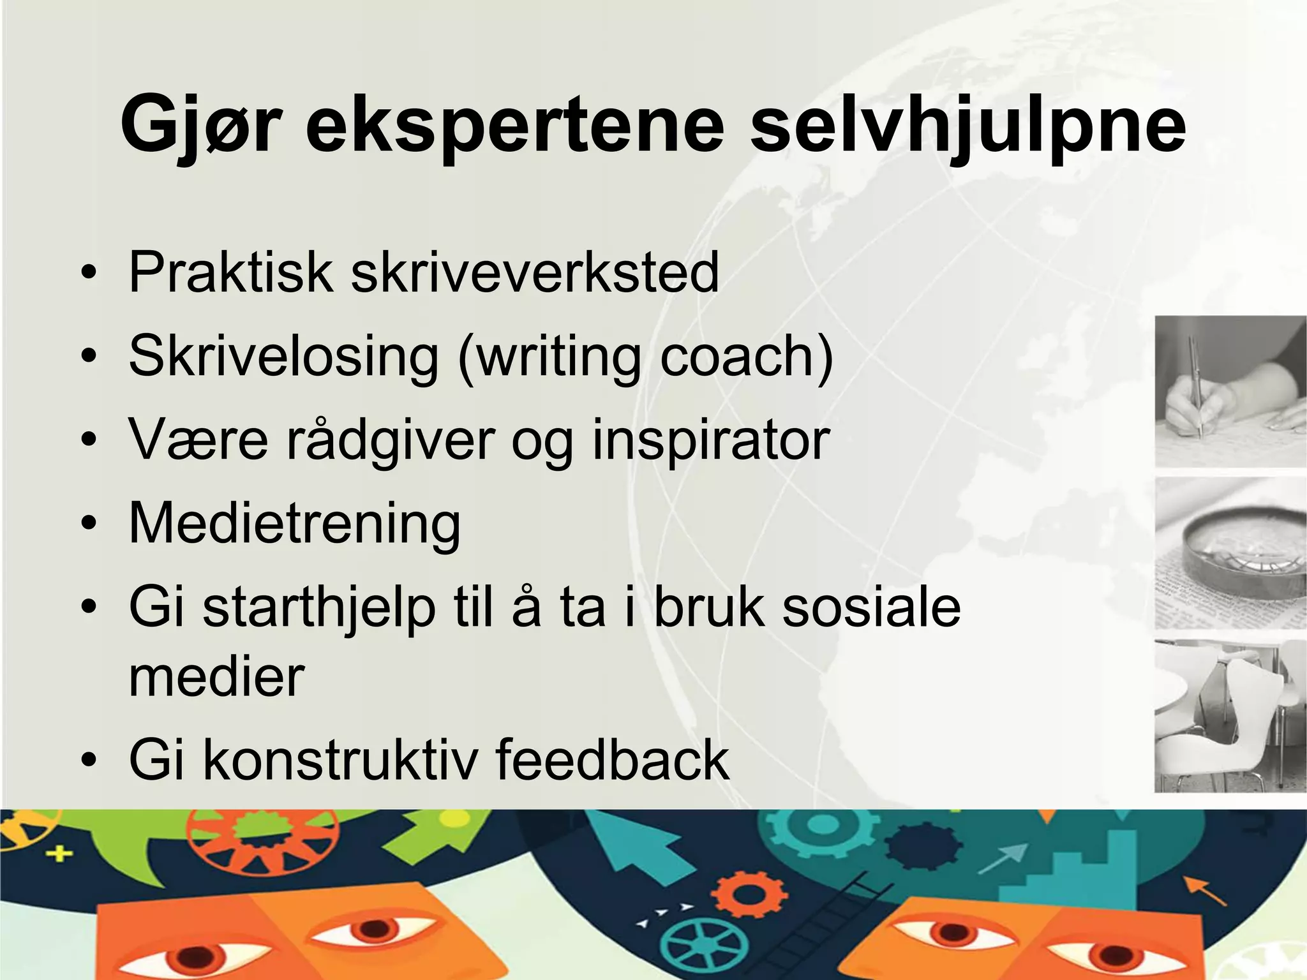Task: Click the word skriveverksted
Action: [535, 272]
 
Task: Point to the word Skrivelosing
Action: [284, 357]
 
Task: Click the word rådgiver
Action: [391, 440]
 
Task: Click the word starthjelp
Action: [319, 607]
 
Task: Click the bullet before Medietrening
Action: [89, 524]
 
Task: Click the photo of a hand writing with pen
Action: [1230, 390]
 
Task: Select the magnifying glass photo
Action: [1230, 553]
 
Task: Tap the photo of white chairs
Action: [1230, 716]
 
